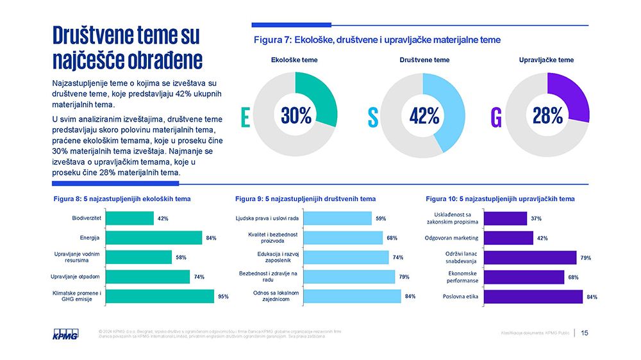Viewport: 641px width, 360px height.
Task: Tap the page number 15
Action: click(585, 332)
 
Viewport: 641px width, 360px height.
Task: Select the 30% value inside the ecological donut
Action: click(296, 115)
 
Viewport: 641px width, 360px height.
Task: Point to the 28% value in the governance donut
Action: click(547, 115)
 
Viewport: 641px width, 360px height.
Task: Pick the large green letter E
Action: click(245, 117)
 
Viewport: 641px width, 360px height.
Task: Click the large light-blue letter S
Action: click(372, 117)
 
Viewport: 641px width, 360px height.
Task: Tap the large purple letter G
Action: click(496, 117)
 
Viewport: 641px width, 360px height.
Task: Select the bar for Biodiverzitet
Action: click(129, 218)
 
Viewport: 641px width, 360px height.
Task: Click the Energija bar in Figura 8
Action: click(153, 238)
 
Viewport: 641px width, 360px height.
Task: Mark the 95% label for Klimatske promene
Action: click(223, 297)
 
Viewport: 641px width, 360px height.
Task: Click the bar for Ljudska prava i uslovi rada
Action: click(337, 218)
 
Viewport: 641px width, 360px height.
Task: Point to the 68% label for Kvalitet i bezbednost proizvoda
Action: click(392, 238)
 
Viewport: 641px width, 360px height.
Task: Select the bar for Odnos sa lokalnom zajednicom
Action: click(351, 296)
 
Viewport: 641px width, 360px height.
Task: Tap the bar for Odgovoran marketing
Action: click(508, 238)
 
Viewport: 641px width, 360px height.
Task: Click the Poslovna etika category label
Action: click(460, 297)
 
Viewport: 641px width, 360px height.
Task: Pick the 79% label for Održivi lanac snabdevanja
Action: click(585, 258)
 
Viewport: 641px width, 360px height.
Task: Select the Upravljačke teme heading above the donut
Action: click(546, 60)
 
